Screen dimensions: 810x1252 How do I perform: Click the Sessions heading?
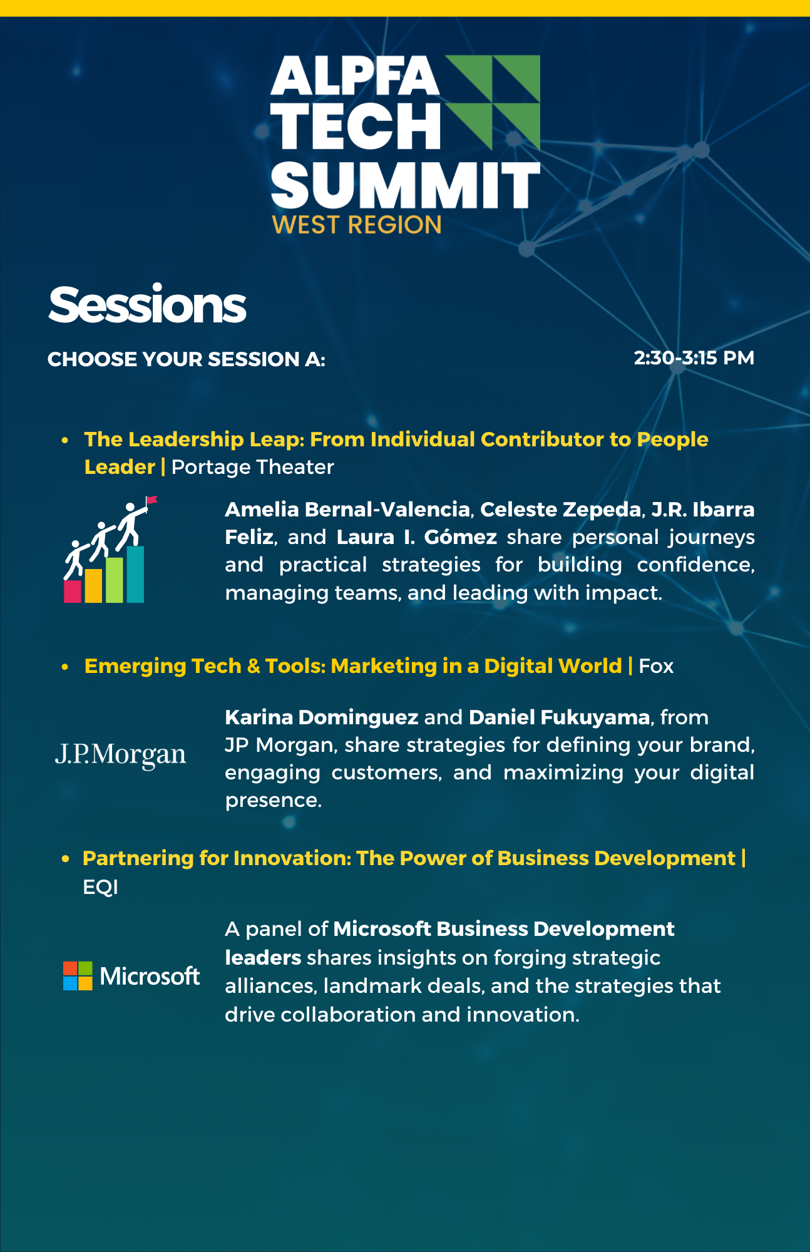(x=147, y=305)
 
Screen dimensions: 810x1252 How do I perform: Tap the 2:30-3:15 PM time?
(x=694, y=358)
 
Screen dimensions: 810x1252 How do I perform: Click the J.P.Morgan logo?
(x=121, y=755)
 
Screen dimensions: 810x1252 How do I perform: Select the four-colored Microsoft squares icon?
(x=78, y=975)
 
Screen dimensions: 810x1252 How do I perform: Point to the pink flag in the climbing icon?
(x=151, y=500)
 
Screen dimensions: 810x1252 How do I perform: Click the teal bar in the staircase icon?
(x=135, y=574)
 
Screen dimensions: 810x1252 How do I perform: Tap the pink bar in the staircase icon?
(x=73, y=592)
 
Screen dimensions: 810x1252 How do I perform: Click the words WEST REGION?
(x=357, y=225)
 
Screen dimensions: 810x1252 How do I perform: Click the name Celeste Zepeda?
(x=561, y=510)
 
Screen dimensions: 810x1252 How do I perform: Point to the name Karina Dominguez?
(x=321, y=717)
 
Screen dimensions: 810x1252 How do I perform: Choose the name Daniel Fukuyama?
(x=559, y=717)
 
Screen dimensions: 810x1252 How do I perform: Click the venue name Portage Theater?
(x=253, y=467)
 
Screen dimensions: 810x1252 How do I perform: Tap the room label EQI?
(x=100, y=887)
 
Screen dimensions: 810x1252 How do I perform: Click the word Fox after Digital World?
(x=656, y=666)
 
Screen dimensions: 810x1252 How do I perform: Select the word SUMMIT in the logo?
(x=406, y=185)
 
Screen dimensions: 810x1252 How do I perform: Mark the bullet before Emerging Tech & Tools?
(x=65, y=667)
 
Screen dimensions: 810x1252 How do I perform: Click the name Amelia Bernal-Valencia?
(x=347, y=510)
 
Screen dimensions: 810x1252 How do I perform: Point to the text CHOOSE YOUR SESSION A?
(x=187, y=359)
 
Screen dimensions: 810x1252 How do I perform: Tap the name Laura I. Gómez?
(x=417, y=537)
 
